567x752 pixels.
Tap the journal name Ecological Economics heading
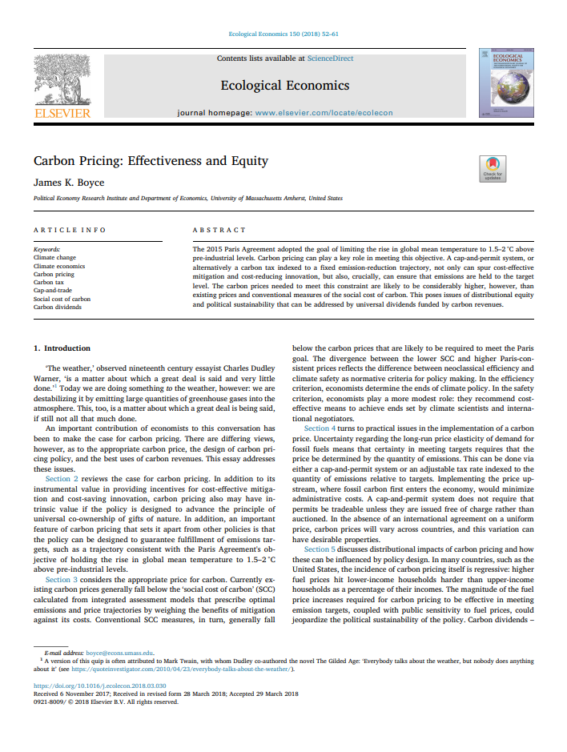[x=285, y=85]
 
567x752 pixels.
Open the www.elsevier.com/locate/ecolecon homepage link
[x=324, y=113]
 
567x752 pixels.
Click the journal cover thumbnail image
[x=505, y=82]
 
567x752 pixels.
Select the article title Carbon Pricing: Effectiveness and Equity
[x=151, y=161]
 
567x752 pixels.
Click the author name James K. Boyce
[x=69, y=183]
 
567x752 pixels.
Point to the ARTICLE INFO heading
[x=70, y=230]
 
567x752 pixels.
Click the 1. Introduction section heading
[x=62, y=348]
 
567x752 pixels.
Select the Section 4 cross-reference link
[x=321, y=428]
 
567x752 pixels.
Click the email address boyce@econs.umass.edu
[x=119, y=653]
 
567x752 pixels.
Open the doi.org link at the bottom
[x=99, y=686]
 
